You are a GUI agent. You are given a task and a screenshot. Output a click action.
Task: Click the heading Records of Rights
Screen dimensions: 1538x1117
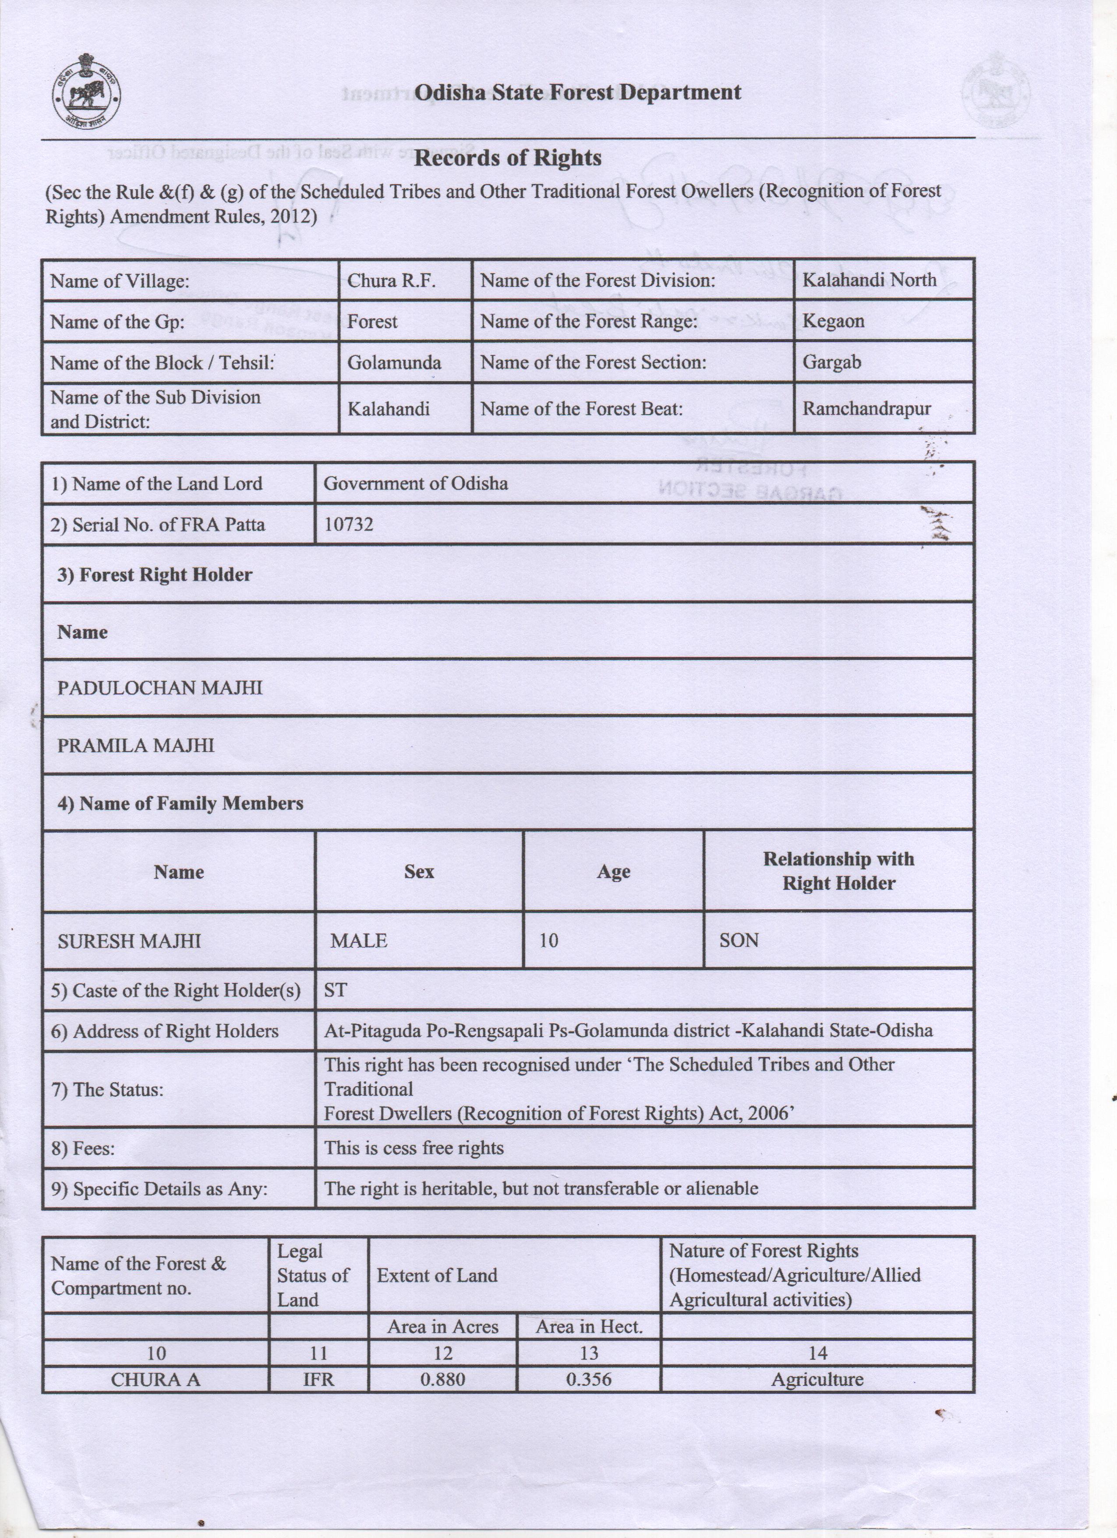coord(508,158)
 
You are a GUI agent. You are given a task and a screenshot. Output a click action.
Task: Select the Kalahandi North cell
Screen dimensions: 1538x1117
coord(869,280)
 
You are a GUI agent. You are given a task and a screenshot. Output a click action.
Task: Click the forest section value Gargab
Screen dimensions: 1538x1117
coord(832,362)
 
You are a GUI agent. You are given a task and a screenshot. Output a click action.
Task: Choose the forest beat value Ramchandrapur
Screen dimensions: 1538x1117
coord(866,408)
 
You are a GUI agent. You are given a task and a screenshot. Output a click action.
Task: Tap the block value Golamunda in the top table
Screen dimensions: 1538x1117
coord(394,362)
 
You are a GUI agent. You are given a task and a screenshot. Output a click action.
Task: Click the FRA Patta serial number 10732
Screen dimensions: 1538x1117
coord(348,524)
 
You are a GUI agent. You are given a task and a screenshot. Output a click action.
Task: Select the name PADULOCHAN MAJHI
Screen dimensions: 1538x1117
coord(159,687)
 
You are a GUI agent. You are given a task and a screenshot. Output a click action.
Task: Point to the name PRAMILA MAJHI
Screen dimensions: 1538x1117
coord(135,745)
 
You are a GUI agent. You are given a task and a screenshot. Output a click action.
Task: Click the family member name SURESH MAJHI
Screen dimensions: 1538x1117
coord(129,941)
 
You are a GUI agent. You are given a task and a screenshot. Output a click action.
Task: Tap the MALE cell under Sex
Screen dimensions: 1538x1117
coord(359,941)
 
